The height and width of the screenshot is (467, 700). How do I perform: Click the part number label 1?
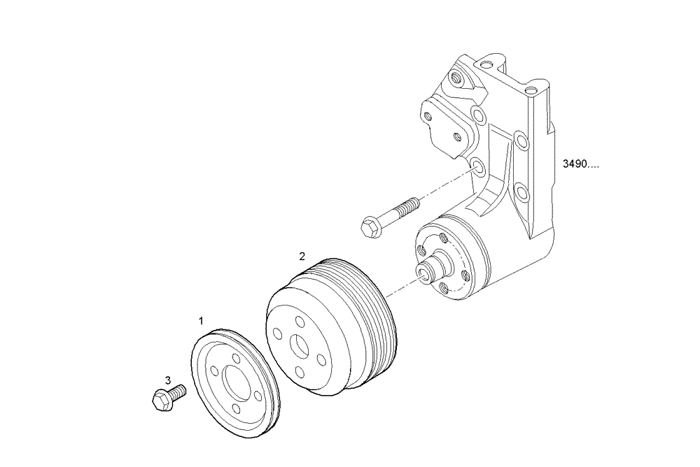201,321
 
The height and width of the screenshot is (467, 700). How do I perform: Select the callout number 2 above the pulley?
302,256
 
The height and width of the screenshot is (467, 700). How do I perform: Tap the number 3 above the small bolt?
168,380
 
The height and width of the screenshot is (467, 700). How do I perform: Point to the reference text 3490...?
581,166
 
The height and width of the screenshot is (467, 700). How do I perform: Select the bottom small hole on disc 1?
238,409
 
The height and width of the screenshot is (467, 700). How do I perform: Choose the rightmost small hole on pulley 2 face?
323,359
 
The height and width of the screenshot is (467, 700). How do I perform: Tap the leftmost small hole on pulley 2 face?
278,334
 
